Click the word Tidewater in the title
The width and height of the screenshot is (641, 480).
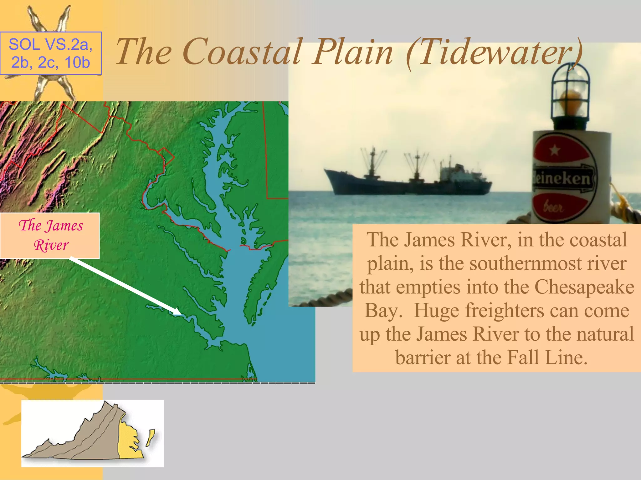[498, 52]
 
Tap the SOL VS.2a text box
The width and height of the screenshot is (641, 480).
[51, 53]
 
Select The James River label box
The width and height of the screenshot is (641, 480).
[50, 236]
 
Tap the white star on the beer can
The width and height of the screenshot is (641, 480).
[555, 150]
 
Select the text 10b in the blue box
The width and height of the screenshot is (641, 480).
[77, 62]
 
